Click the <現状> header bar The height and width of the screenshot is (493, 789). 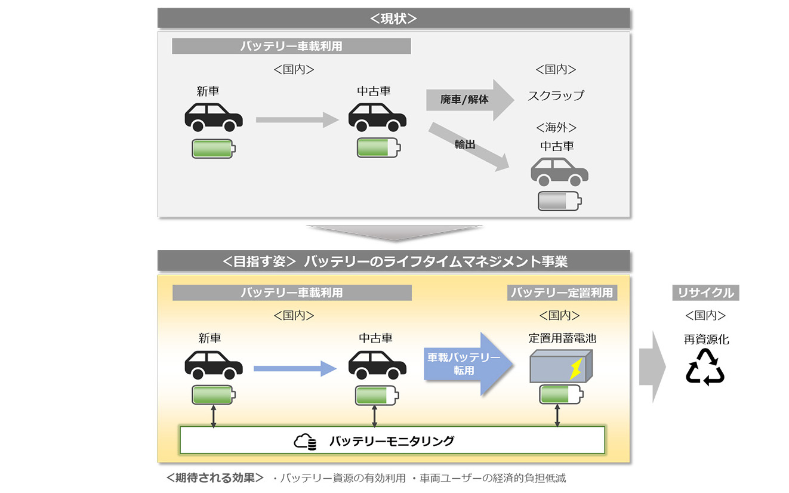point(393,18)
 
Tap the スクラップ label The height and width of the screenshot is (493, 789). point(556,95)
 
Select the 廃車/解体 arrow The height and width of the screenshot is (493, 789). point(469,99)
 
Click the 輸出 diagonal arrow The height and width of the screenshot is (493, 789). point(469,146)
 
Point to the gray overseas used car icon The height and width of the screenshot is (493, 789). point(559,172)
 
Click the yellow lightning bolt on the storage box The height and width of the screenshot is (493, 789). point(576,369)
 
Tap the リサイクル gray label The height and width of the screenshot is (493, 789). point(705,292)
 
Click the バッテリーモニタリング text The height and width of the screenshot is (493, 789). point(392,441)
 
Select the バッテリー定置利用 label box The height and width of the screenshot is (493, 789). point(562,292)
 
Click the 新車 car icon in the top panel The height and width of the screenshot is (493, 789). point(214,116)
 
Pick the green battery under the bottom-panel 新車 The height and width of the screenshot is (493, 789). point(213,395)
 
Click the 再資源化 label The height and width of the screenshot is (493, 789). point(706,340)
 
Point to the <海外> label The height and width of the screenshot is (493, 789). point(556,128)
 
